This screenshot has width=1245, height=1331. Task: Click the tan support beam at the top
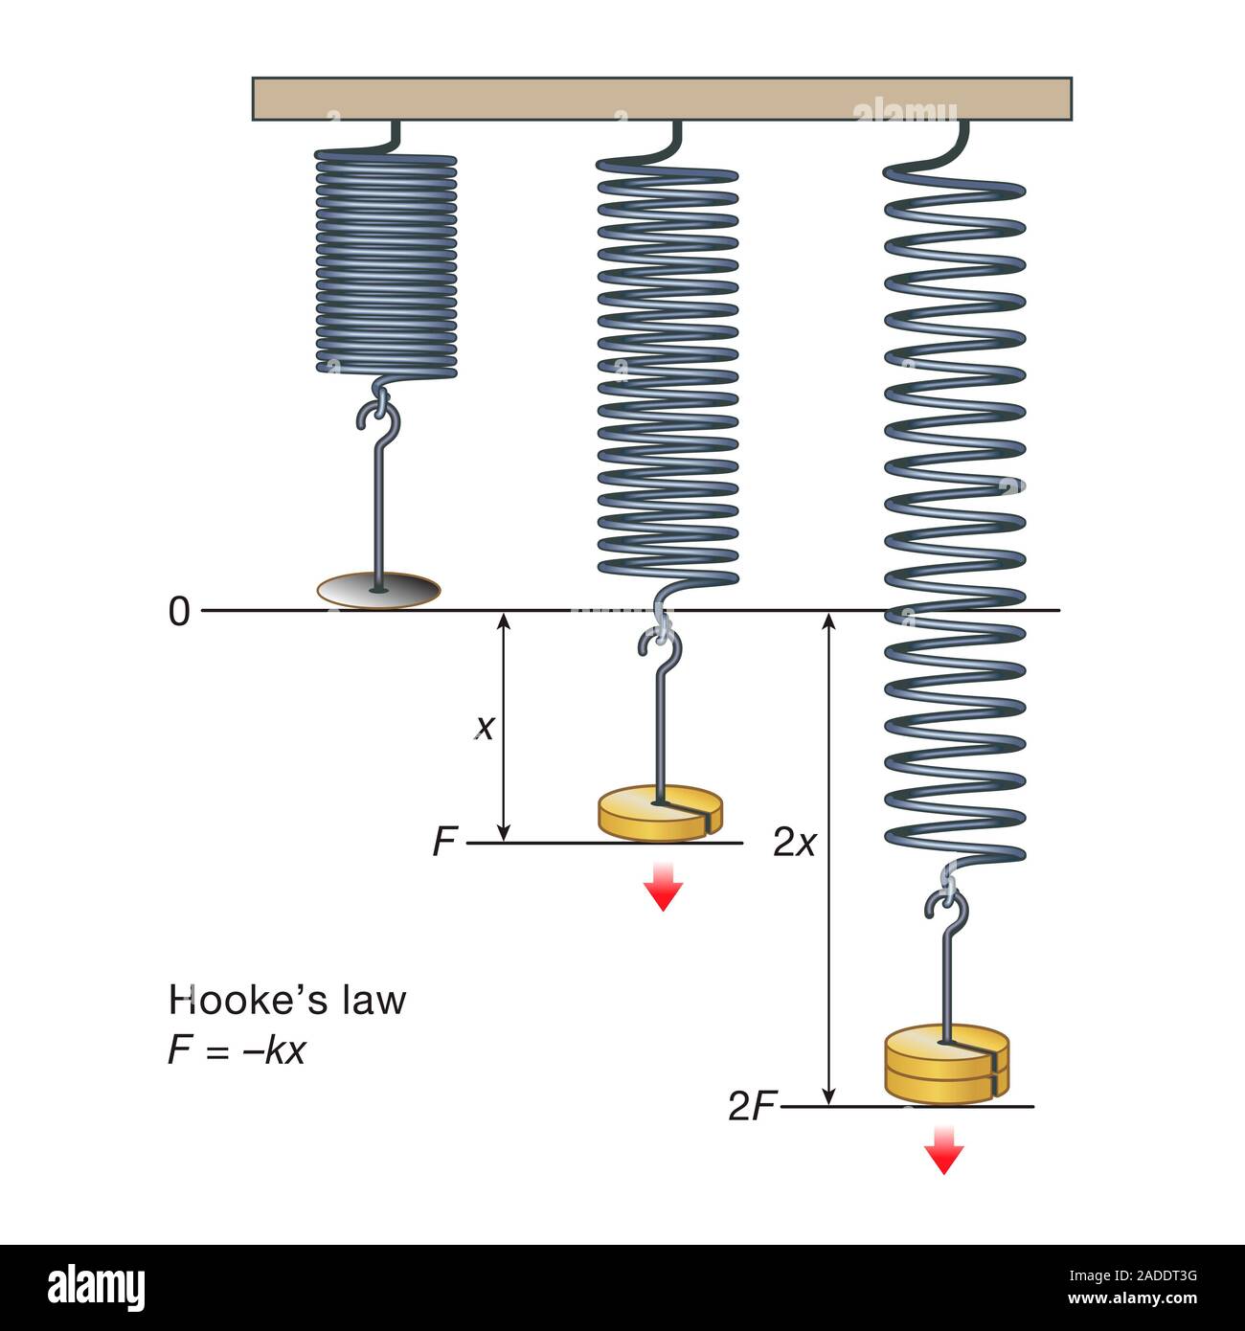[x=661, y=99]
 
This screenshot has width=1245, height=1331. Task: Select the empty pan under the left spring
[x=379, y=591]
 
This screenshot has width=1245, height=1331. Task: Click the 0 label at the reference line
[x=179, y=611]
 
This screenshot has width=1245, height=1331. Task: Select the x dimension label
[x=486, y=729]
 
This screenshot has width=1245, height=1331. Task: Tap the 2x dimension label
[x=794, y=843]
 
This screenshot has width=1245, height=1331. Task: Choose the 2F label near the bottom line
[x=752, y=1107]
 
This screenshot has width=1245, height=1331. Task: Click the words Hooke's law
[x=287, y=1001]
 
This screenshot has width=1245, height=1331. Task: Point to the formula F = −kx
[x=237, y=1050]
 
